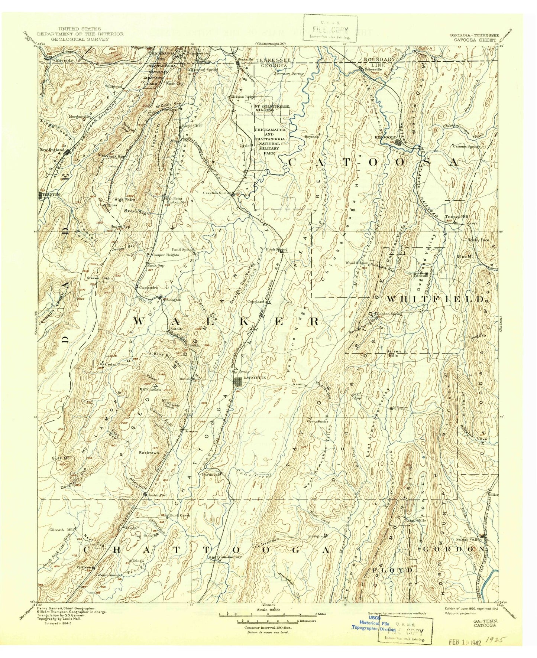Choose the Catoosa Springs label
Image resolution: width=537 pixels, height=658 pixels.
click(466, 146)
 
